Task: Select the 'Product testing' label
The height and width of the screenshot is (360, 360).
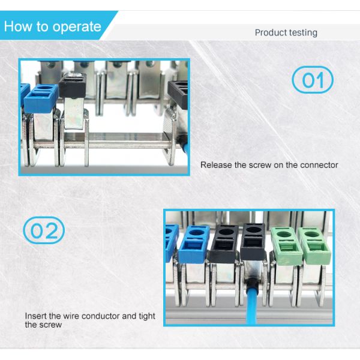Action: coord(286,32)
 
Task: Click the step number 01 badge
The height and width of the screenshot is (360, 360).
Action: coord(312,80)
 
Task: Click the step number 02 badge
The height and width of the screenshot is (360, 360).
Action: coord(44,230)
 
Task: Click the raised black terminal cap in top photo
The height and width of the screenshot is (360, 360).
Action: coord(74,85)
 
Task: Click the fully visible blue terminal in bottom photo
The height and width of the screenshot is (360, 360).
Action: coord(194,245)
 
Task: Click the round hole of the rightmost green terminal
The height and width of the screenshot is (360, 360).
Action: coord(313,232)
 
